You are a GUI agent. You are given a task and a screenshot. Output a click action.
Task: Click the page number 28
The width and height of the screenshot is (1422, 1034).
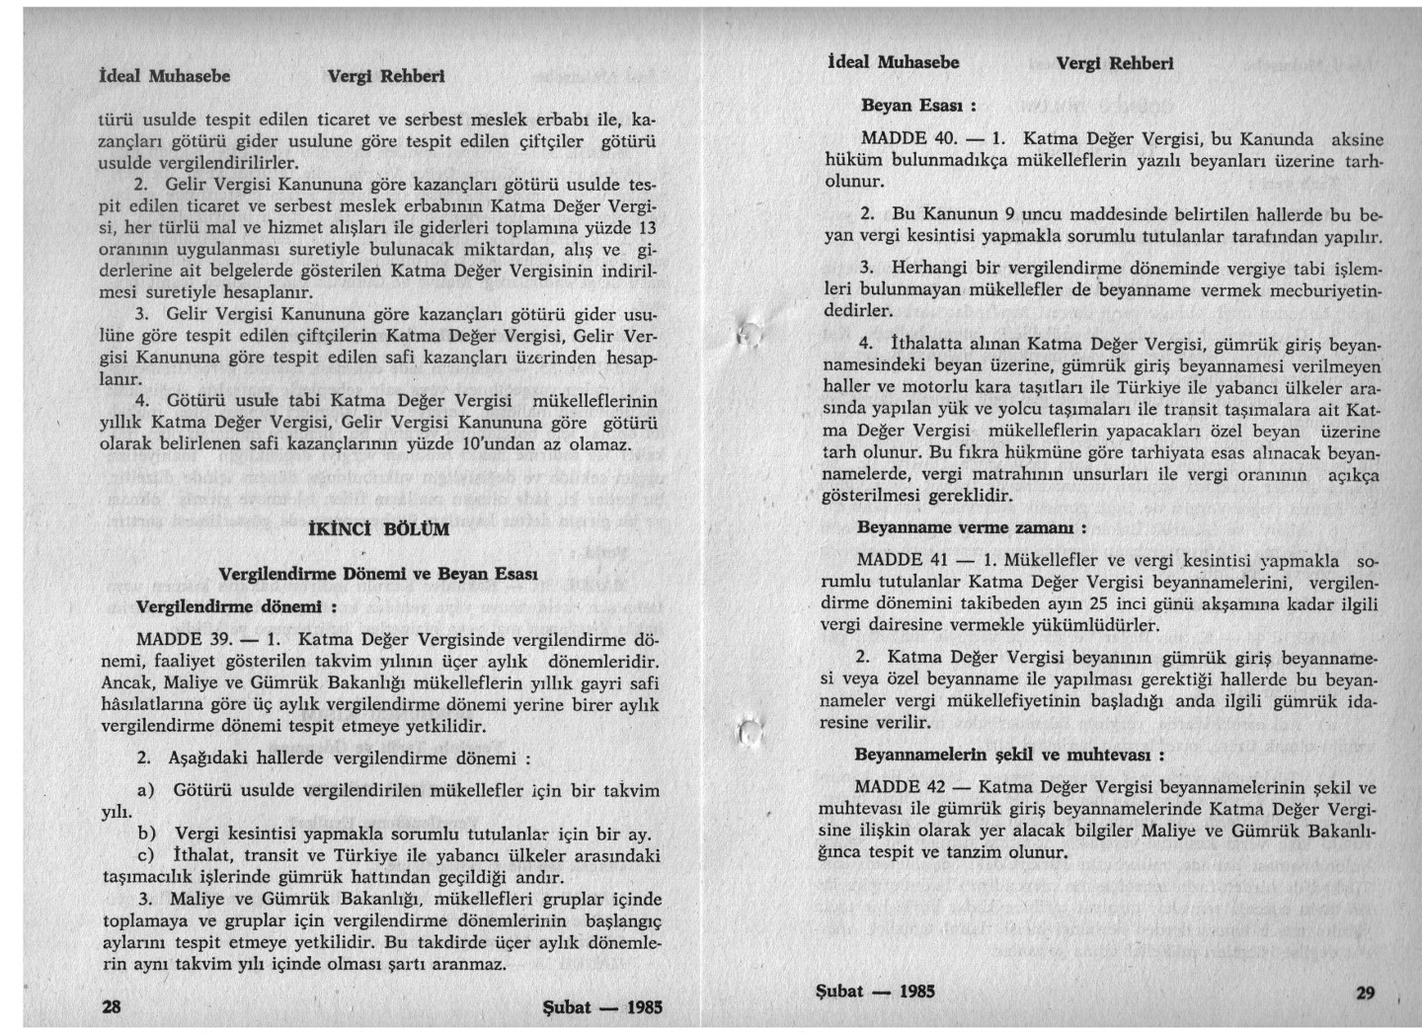click(x=112, y=1006)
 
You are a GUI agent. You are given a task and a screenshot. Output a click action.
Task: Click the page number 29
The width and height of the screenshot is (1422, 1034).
click(x=1366, y=993)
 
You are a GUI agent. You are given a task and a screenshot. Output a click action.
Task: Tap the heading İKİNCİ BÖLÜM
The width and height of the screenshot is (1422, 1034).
click(x=380, y=528)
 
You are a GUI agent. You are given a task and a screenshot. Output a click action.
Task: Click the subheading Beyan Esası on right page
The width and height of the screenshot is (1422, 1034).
click(x=918, y=104)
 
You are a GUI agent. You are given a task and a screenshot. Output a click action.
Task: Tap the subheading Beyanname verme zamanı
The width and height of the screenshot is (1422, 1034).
click(x=971, y=527)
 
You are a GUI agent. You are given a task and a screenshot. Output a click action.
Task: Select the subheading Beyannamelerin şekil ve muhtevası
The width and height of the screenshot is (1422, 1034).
click(x=1008, y=755)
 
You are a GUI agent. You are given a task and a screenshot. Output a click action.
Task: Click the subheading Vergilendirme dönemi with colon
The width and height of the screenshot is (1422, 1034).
click(x=236, y=604)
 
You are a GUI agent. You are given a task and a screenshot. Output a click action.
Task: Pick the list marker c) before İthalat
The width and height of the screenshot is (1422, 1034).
click(x=148, y=854)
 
